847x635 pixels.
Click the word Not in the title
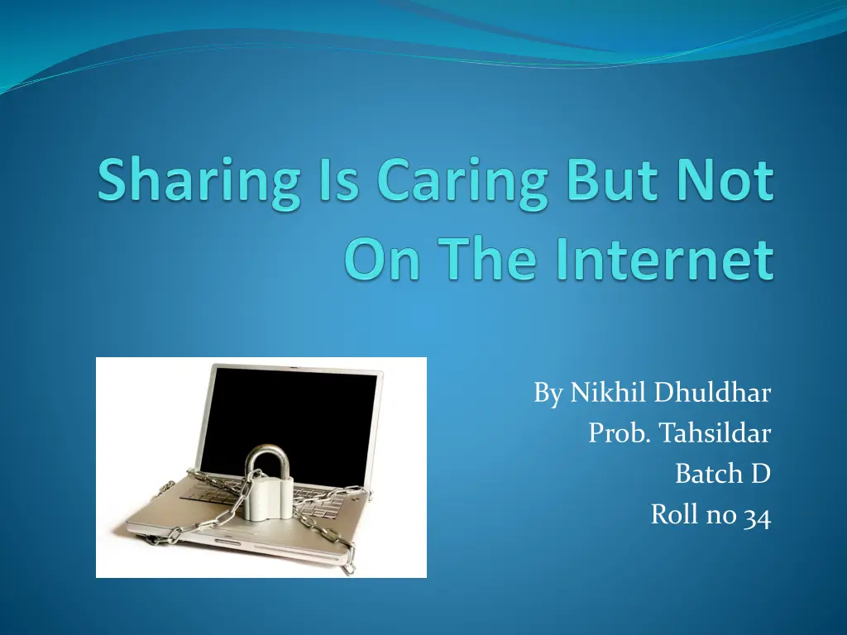(x=725, y=181)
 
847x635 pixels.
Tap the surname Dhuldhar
(x=712, y=394)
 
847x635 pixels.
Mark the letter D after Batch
(x=761, y=474)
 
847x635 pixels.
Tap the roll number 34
(x=757, y=515)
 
